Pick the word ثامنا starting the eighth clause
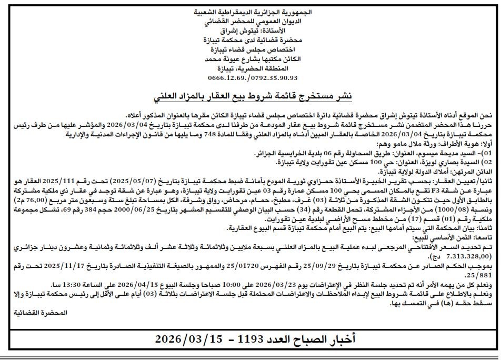click(484, 227)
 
